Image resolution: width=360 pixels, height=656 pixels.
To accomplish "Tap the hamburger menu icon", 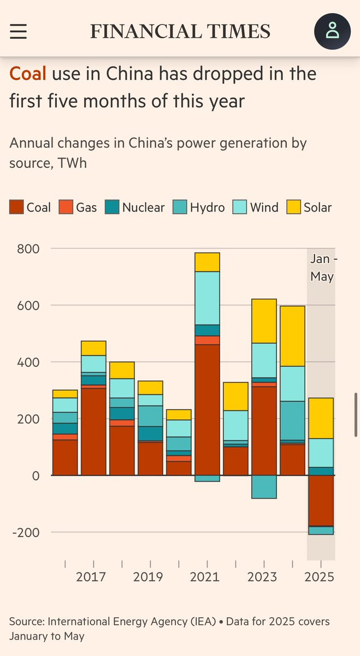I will [x=18, y=31].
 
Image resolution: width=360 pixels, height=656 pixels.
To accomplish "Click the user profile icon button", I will [x=332, y=31].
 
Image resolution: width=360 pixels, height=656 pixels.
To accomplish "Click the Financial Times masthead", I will [x=180, y=32].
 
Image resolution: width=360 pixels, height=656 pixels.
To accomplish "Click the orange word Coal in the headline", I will [x=28, y=74].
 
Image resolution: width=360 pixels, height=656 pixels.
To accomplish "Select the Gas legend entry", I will [x=80, y=208].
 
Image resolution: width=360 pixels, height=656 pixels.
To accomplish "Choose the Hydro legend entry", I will [x=199, y=208].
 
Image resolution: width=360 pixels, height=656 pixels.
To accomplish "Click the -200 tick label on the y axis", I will [x=26, y=532].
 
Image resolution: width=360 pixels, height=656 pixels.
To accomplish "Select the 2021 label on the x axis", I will [x=205, y=577].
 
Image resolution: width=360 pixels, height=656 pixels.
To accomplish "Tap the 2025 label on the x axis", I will [x=320, y=577].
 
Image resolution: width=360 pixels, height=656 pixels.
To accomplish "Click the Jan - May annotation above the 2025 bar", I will [x=322, y=267].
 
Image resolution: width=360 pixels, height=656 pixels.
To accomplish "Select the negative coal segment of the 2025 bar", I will [x=321, y=500].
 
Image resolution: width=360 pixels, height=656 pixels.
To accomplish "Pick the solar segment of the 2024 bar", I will [x=292, y=336].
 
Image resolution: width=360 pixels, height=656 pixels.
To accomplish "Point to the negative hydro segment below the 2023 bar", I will [x=264, y=487].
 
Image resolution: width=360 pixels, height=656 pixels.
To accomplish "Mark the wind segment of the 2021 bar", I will [x=207, y=298].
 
